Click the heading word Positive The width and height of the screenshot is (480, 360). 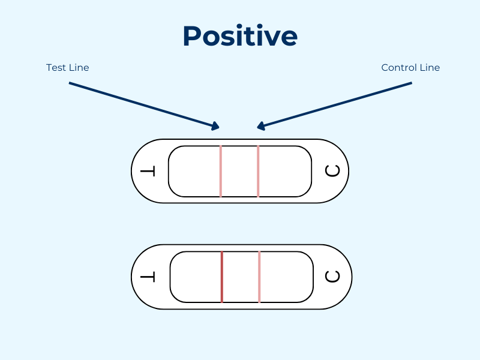pos(240,37)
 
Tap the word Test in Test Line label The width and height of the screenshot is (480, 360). pos(55,68)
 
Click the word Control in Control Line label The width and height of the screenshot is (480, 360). pos(398,68)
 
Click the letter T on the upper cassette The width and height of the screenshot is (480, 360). pos(148,172)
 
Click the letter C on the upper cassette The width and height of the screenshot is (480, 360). pos(332,172)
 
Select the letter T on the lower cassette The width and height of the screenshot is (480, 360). pos(148,277)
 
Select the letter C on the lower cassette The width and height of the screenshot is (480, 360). pos(332,277)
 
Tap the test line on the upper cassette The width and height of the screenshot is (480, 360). pos(221,172)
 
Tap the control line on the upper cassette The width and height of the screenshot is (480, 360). pos(258,172)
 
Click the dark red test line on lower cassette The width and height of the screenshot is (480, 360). pos(222,277)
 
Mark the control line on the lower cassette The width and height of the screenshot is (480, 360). pos(259,277)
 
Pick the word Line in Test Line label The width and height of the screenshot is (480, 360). pos(79,68)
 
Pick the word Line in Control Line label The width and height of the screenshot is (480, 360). pos(429,68)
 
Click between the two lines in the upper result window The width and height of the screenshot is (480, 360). pos(239,172)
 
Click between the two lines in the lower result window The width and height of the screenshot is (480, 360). pos(241,277)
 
